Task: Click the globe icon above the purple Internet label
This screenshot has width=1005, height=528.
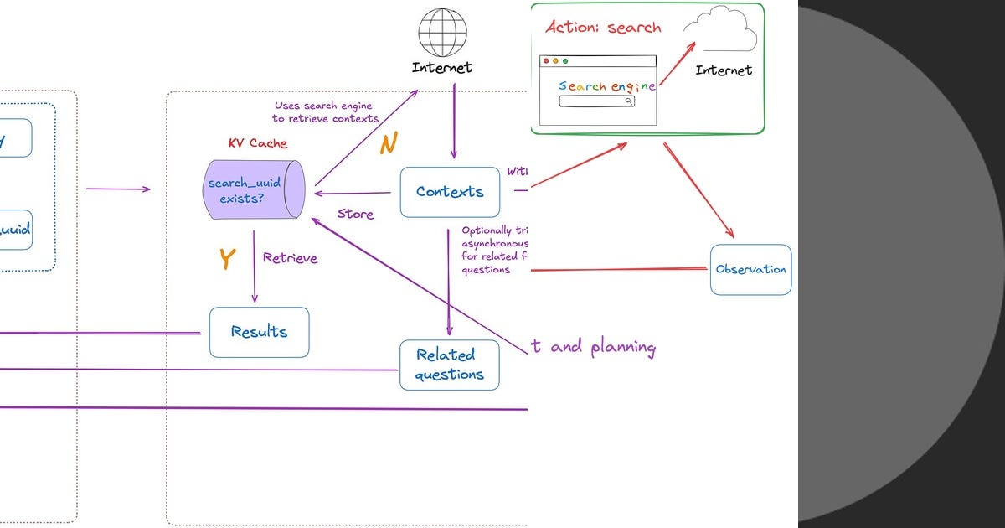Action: click(442, 33)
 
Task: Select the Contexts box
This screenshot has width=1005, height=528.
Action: click(450, 192)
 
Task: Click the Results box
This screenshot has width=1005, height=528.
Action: click(259, 332)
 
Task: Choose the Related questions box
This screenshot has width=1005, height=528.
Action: click(449, 365)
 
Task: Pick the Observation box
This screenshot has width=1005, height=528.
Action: click(750, 270)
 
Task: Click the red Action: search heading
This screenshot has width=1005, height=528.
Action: click(603, 28)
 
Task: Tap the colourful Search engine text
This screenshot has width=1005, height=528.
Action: click(606, 86)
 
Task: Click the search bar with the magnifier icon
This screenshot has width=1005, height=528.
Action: click(596, 101)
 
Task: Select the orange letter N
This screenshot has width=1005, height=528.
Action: click(388, 144)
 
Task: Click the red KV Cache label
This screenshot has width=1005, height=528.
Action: click(257, 143)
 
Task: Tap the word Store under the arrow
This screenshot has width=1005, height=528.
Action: click(355, 215)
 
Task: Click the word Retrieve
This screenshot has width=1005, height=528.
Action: click(290, 258)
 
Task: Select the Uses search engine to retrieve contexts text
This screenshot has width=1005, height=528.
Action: click(326, 112)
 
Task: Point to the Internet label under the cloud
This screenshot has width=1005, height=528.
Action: click(724, 70)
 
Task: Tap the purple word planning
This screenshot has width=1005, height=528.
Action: click(623, 347)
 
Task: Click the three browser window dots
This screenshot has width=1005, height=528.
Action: click(554, 61)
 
